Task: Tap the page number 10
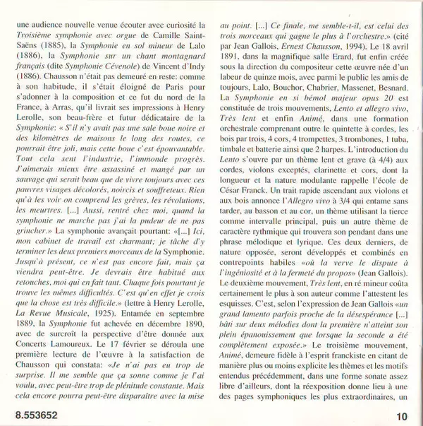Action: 402,414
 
